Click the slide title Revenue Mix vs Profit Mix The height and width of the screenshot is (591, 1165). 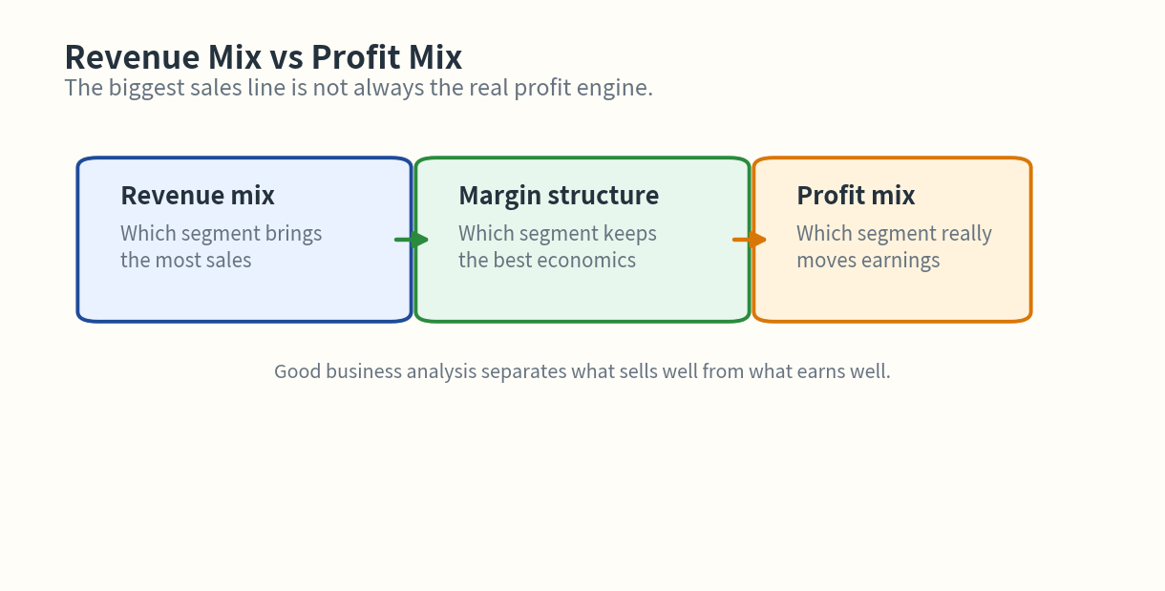click(x=263, y=57)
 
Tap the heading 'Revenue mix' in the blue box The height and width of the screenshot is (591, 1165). click(x=198, y=196)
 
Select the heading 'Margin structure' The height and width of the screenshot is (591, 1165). click(x=559, y=196)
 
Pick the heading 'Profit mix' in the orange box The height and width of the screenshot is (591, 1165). click(x=856, y=196)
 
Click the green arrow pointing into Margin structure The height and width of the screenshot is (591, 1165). click(x=413, y=240)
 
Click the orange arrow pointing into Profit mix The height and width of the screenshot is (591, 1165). click(x=751, y=240)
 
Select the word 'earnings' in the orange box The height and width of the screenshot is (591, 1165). click(x=901, y=261)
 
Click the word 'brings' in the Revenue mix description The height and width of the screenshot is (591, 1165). click(x=293, y=234)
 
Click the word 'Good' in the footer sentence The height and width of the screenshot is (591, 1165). click(x=297, y=371)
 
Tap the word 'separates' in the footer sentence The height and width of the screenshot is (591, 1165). click(x=523, y=371)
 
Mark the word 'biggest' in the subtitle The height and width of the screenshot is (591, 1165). click(x=141, y=89)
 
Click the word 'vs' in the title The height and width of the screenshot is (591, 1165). click(x=286, y=58)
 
